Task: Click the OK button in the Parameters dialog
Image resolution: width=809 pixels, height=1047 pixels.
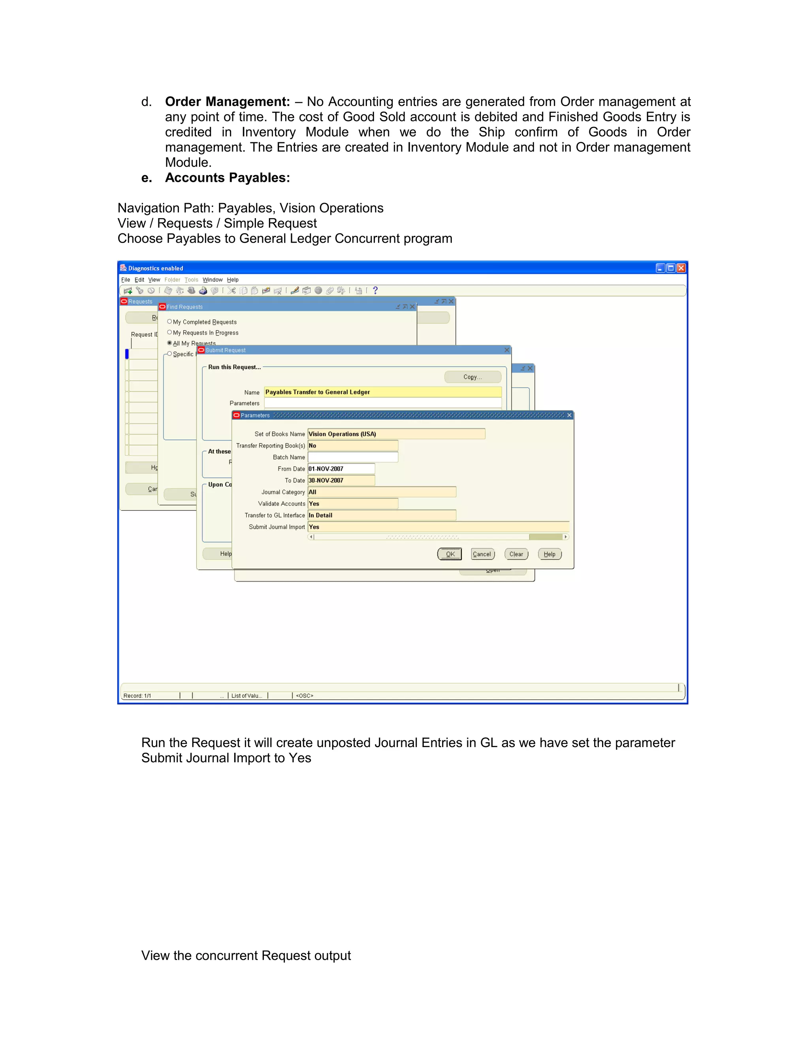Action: pyautogui.click(x=450, y=554)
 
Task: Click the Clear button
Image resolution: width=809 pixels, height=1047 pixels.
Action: pyautogui.click(x=516, y=554)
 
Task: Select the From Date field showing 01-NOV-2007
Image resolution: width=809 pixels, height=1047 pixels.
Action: pyautogui.click(x=341, y=469)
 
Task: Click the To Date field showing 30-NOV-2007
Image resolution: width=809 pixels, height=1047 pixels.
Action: pyautogui.click(x=341, y=480)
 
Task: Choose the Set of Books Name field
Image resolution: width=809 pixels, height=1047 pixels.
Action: pyautogui.click(x=396, y=434)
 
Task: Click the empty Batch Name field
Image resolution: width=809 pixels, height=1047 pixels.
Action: pyautogui.click(x=353, y=458)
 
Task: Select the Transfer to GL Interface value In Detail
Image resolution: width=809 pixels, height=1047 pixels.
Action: pyautogui.click(x=382, y=515)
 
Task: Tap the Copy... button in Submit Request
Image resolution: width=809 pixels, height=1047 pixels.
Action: pyautogui.click(x=472, y=377)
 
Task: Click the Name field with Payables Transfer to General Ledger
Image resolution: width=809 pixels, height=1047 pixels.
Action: pyautogui.click(x=382, y=392)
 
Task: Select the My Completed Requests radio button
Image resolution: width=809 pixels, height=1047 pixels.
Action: pyautogui.click(x=169, y=322)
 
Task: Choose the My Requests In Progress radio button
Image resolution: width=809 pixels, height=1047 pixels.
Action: pyautogui.click(x=169, y=332)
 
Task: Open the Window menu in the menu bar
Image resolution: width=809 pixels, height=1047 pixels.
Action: pyautogui.click(x=212, y=280)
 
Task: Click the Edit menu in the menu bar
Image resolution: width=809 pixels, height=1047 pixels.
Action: pyautogui.click(x=139, y=280)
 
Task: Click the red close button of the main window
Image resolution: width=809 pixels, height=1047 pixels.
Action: pyautogui.click(x=681, y=268)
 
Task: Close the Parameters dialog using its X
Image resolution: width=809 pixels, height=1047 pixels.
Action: pyautogui.click(x=569, y=415)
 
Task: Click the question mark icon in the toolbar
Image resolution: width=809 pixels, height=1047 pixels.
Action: pyautogui.click(x=375, y=290)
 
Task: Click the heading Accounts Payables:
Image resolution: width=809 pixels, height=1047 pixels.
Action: pyautogui.click(x=227, y=178)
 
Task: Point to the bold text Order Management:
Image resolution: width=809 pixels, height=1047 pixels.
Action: pyautogui.click(x=227, y=102)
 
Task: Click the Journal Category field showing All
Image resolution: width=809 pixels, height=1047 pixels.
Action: pyautogui.click(x=382, y=492)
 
